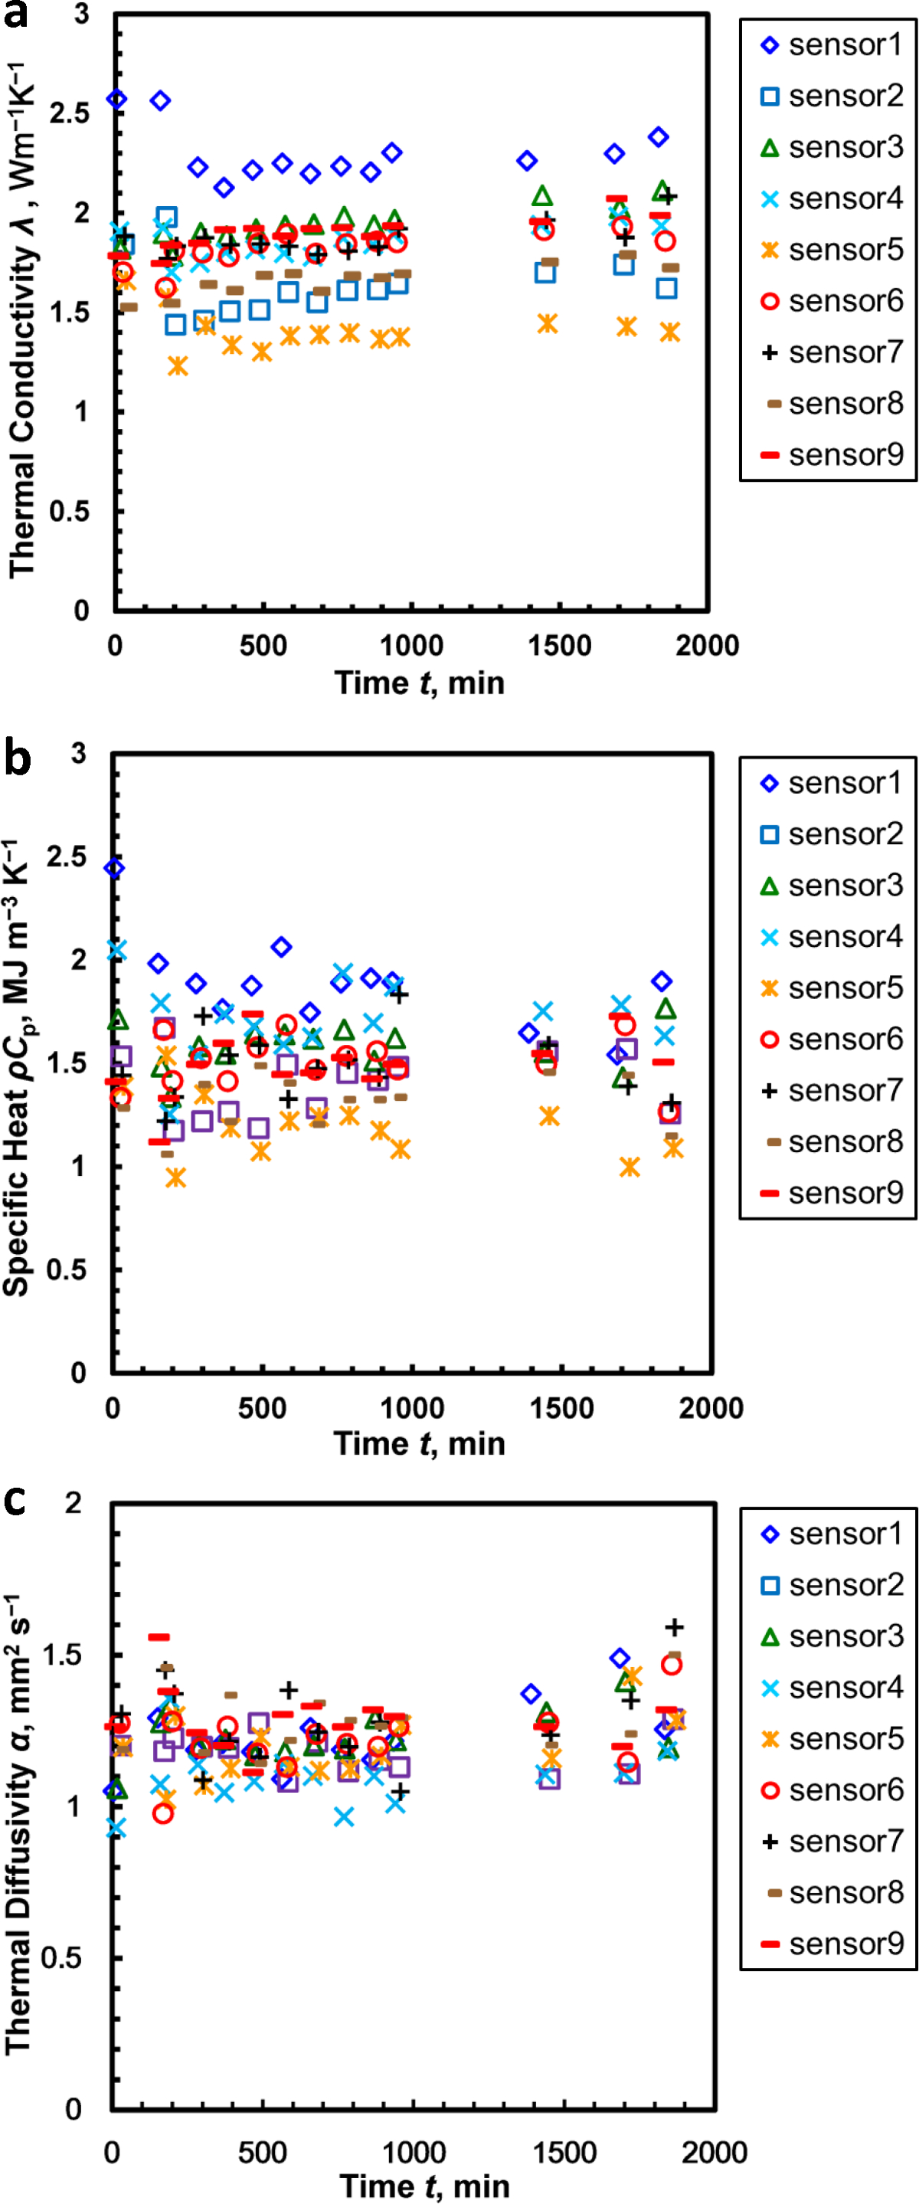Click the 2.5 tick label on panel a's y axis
(x=68, y=113)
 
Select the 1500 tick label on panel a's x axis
(x=560, y=646)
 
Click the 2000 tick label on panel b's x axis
(x=711, y=1408)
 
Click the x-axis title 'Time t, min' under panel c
(x=424, y=2186)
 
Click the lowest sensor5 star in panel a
(x=177, y=366)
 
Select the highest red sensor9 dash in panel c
(x=159, y=1637)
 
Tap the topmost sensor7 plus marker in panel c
(x=674, y=1626)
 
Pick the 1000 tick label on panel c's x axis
(x=413, y=2152)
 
